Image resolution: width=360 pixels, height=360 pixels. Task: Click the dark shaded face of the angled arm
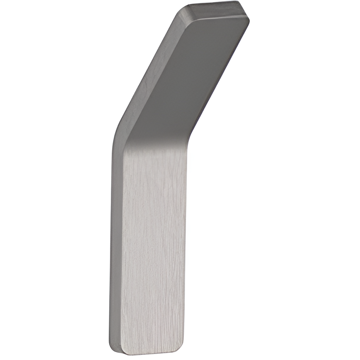pyautogui.click(x=200, y=72)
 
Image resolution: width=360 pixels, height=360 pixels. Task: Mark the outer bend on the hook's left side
pyautogui.click(x=116, y=136)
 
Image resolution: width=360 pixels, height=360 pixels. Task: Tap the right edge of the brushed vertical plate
pyautogui.click(x=185, y=246)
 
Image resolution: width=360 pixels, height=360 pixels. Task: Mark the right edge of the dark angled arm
pyautogui.click(x=221, y=76)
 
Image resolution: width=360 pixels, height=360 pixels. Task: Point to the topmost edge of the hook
pyautogui.click(x=212, y=3)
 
